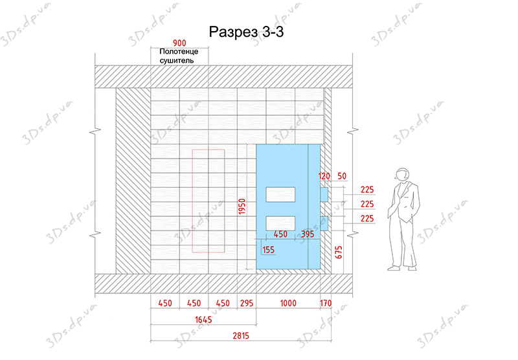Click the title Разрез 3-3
click(x=246, y=32)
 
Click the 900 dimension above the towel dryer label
click(x=179, y=43)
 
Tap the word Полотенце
click(x=179, y=52)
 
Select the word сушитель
click(x=177, y=60)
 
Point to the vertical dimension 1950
click(x=242, y=207)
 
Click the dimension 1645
click(x=203, y=319)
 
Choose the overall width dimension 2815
click(x=241, y=336)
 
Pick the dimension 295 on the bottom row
click(x=247, y=303)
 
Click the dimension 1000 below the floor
click(x=288, y=303)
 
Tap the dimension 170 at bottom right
click(x=326, y=303)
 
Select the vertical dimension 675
click(x=339, y=252)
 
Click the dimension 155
click(x=268, y=250)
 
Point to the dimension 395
click(x=308, y=234)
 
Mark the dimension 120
click(x=324, y=176)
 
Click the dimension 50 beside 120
click(x=342, y=176)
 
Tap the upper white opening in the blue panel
click(x=280, y=194)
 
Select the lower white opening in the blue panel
click(x=280, y=223)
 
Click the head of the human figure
click(x=401, y=174)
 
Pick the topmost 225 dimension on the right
click(x=367, y=190)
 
